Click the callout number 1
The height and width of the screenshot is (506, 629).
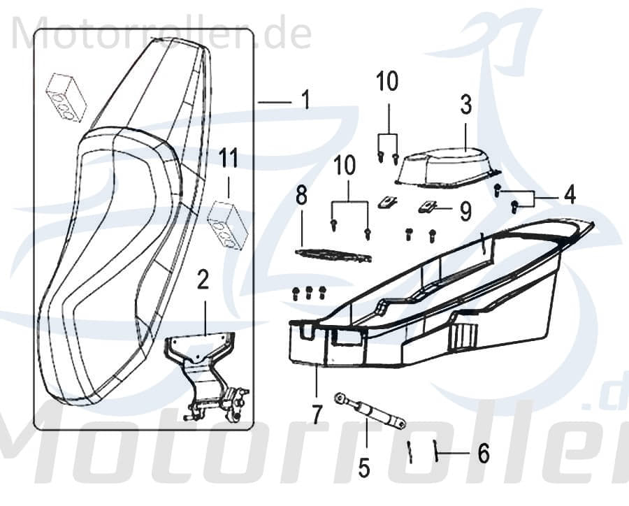tap(305, 102)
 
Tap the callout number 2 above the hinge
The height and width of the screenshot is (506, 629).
tap(203, 282)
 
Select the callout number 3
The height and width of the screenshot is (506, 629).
tap(465, 106)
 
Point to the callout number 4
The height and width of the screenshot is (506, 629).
tap(570, 195)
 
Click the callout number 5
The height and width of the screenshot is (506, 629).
tap(363, 467)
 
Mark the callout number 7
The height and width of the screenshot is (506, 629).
tap(317, 414)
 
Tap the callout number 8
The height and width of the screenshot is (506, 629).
tap(301, 196)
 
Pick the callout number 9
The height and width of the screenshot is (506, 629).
tap(465, 210)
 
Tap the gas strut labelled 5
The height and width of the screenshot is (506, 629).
tap(370, 410)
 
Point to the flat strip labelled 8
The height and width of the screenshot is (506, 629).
tap(333, 255)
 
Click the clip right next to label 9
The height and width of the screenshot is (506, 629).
tap(429, 207)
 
